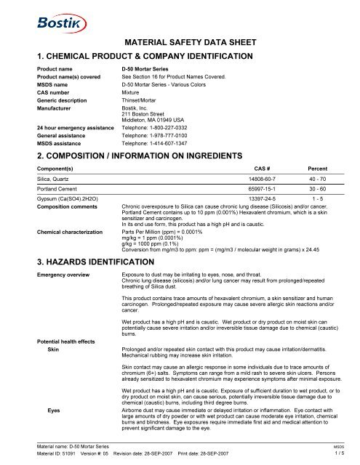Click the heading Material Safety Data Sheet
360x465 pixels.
[179, 44]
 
